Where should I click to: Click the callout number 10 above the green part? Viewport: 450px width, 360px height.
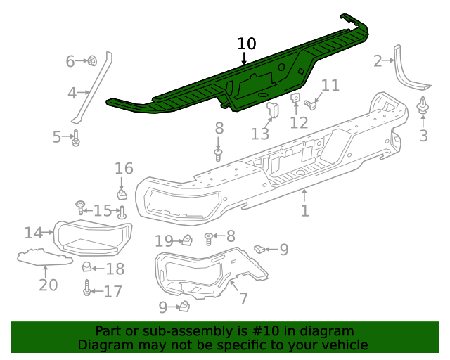pos(247,44)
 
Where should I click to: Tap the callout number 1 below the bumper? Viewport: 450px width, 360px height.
pos(304,210)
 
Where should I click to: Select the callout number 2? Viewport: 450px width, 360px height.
pos(378,61)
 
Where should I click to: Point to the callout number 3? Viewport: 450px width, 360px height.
pos(423,136)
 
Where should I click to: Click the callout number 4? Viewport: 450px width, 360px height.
pos(72,93)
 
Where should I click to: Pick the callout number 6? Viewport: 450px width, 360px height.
pos(70,62)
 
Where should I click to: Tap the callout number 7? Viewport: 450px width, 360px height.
pos(243,298)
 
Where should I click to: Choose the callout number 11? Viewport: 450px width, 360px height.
pos(330,86)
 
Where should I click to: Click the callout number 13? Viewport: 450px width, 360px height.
pos(260,133)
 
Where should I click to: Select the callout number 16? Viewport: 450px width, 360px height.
pos(124,169)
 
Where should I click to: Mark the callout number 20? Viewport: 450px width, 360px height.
pos(48,285)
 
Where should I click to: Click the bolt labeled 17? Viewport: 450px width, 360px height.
pos(88,289)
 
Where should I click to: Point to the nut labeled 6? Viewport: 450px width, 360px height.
pos(93,62)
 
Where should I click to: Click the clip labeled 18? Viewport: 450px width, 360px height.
pos(87,267)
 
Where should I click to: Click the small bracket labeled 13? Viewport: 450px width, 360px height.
pos(273,110)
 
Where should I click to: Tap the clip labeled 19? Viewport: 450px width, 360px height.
pos(188,241)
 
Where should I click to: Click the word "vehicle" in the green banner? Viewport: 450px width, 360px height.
pos(343,345)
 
